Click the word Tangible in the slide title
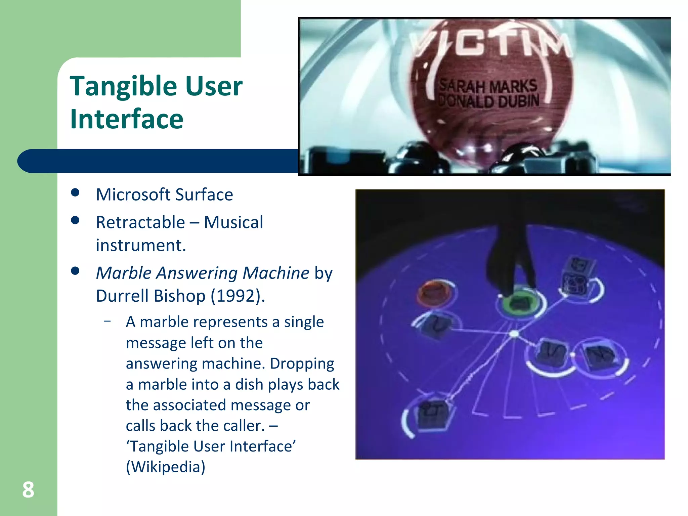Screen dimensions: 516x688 (124, 87)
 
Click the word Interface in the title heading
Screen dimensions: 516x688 (127, 119)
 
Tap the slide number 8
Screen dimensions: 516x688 (28, 490)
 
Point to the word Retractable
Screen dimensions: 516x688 (140, 223)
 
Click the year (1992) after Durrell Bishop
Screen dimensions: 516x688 (238, 296)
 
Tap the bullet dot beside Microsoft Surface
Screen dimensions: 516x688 (75, 193)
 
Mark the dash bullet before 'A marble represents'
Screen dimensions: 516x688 (107, 321)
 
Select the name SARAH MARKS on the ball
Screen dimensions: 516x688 (488, 86)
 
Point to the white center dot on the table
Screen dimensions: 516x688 (514, 334)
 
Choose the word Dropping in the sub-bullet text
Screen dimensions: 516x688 (302, 363)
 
